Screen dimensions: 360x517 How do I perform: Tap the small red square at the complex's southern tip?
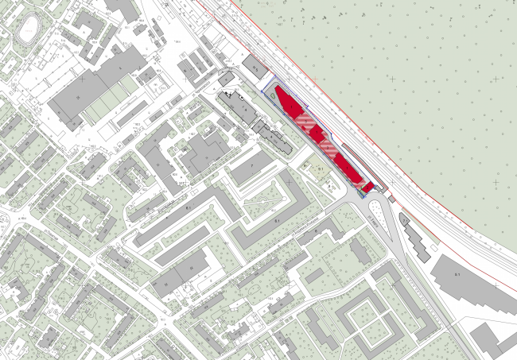(368, 186)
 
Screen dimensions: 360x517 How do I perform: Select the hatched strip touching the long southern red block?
(328, 148)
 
